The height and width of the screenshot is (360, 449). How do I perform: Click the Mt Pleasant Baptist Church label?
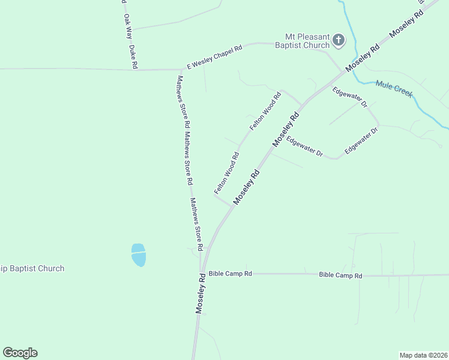click(303, 41)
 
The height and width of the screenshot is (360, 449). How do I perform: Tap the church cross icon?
click(339, 41)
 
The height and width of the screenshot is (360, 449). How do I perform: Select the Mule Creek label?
click(394, 89)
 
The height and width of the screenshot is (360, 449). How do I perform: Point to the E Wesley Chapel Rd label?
click(214, 57)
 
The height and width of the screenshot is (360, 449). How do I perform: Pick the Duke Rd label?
click(133, 56)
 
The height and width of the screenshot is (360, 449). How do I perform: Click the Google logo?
click(20, 353)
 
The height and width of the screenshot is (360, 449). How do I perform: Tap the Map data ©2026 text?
click(423, 355)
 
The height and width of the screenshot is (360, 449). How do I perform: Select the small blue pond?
click(138, 254)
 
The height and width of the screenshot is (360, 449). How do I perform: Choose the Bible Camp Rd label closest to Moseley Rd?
click(231, 274)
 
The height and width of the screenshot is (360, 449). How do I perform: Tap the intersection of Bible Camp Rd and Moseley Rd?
click(203, 274)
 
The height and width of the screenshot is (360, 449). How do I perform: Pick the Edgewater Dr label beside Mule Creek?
click(349, 96)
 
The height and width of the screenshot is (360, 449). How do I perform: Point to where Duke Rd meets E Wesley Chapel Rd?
click(133, 70)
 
